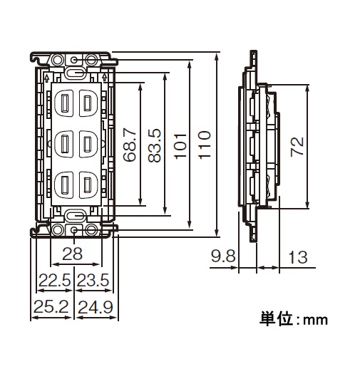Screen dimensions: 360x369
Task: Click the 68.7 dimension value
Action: coord(130,145)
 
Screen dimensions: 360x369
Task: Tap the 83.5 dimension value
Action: coord(154,145)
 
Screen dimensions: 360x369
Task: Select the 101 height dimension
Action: coord(180,146)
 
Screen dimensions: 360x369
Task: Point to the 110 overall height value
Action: coord(204,145)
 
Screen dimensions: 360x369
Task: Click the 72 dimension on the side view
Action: coord(297,147)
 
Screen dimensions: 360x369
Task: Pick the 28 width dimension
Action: coord(72,254)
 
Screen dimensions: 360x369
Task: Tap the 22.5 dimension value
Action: coord(55,280)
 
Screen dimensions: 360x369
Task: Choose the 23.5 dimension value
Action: coord(93,280)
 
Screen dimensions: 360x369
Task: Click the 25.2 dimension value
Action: coord(51,306)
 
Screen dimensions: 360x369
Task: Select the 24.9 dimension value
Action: coord(96,307)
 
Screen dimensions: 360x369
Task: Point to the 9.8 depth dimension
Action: coord(223,256)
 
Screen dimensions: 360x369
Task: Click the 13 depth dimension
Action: coord(297,257)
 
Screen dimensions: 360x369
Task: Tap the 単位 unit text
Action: coord(277,318)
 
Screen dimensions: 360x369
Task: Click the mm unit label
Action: coord(315,321)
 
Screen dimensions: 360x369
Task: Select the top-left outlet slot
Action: coord(64,103)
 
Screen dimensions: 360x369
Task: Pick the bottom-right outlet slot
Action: coord(87,185)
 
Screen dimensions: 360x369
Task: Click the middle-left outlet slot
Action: coord(64,144)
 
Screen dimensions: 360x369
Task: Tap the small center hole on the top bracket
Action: coord(74,60)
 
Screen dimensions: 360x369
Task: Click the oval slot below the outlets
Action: coord(75,216)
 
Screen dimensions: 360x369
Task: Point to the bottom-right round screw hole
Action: coord(91,230)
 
